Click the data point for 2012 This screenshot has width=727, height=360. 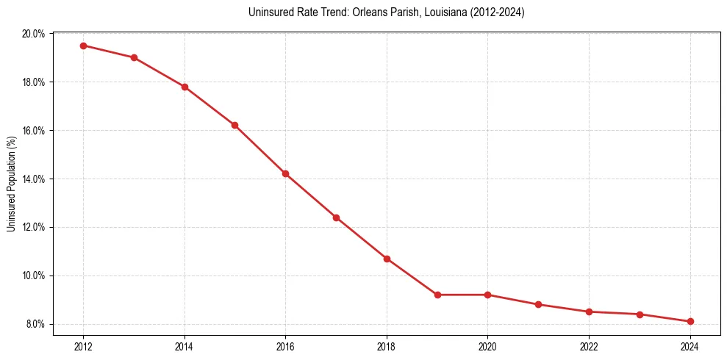coord(83,46)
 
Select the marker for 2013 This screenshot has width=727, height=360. coord(134,57)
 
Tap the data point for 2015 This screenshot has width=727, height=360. coord(234,125)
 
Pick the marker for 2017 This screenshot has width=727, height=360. coord(336,217)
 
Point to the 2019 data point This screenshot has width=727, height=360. coord(437,295)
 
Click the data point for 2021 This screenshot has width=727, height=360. coord(538,304)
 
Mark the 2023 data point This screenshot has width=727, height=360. coord(640,314)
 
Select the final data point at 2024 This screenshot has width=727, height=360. coord(690,322)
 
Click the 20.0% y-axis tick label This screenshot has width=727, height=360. coord(35,34)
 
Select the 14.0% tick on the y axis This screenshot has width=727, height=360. coord(35,179)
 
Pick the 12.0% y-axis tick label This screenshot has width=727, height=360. coord(35,227)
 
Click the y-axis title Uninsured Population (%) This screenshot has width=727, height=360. coord(11,184)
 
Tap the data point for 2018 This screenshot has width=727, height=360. coord(387,259)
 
